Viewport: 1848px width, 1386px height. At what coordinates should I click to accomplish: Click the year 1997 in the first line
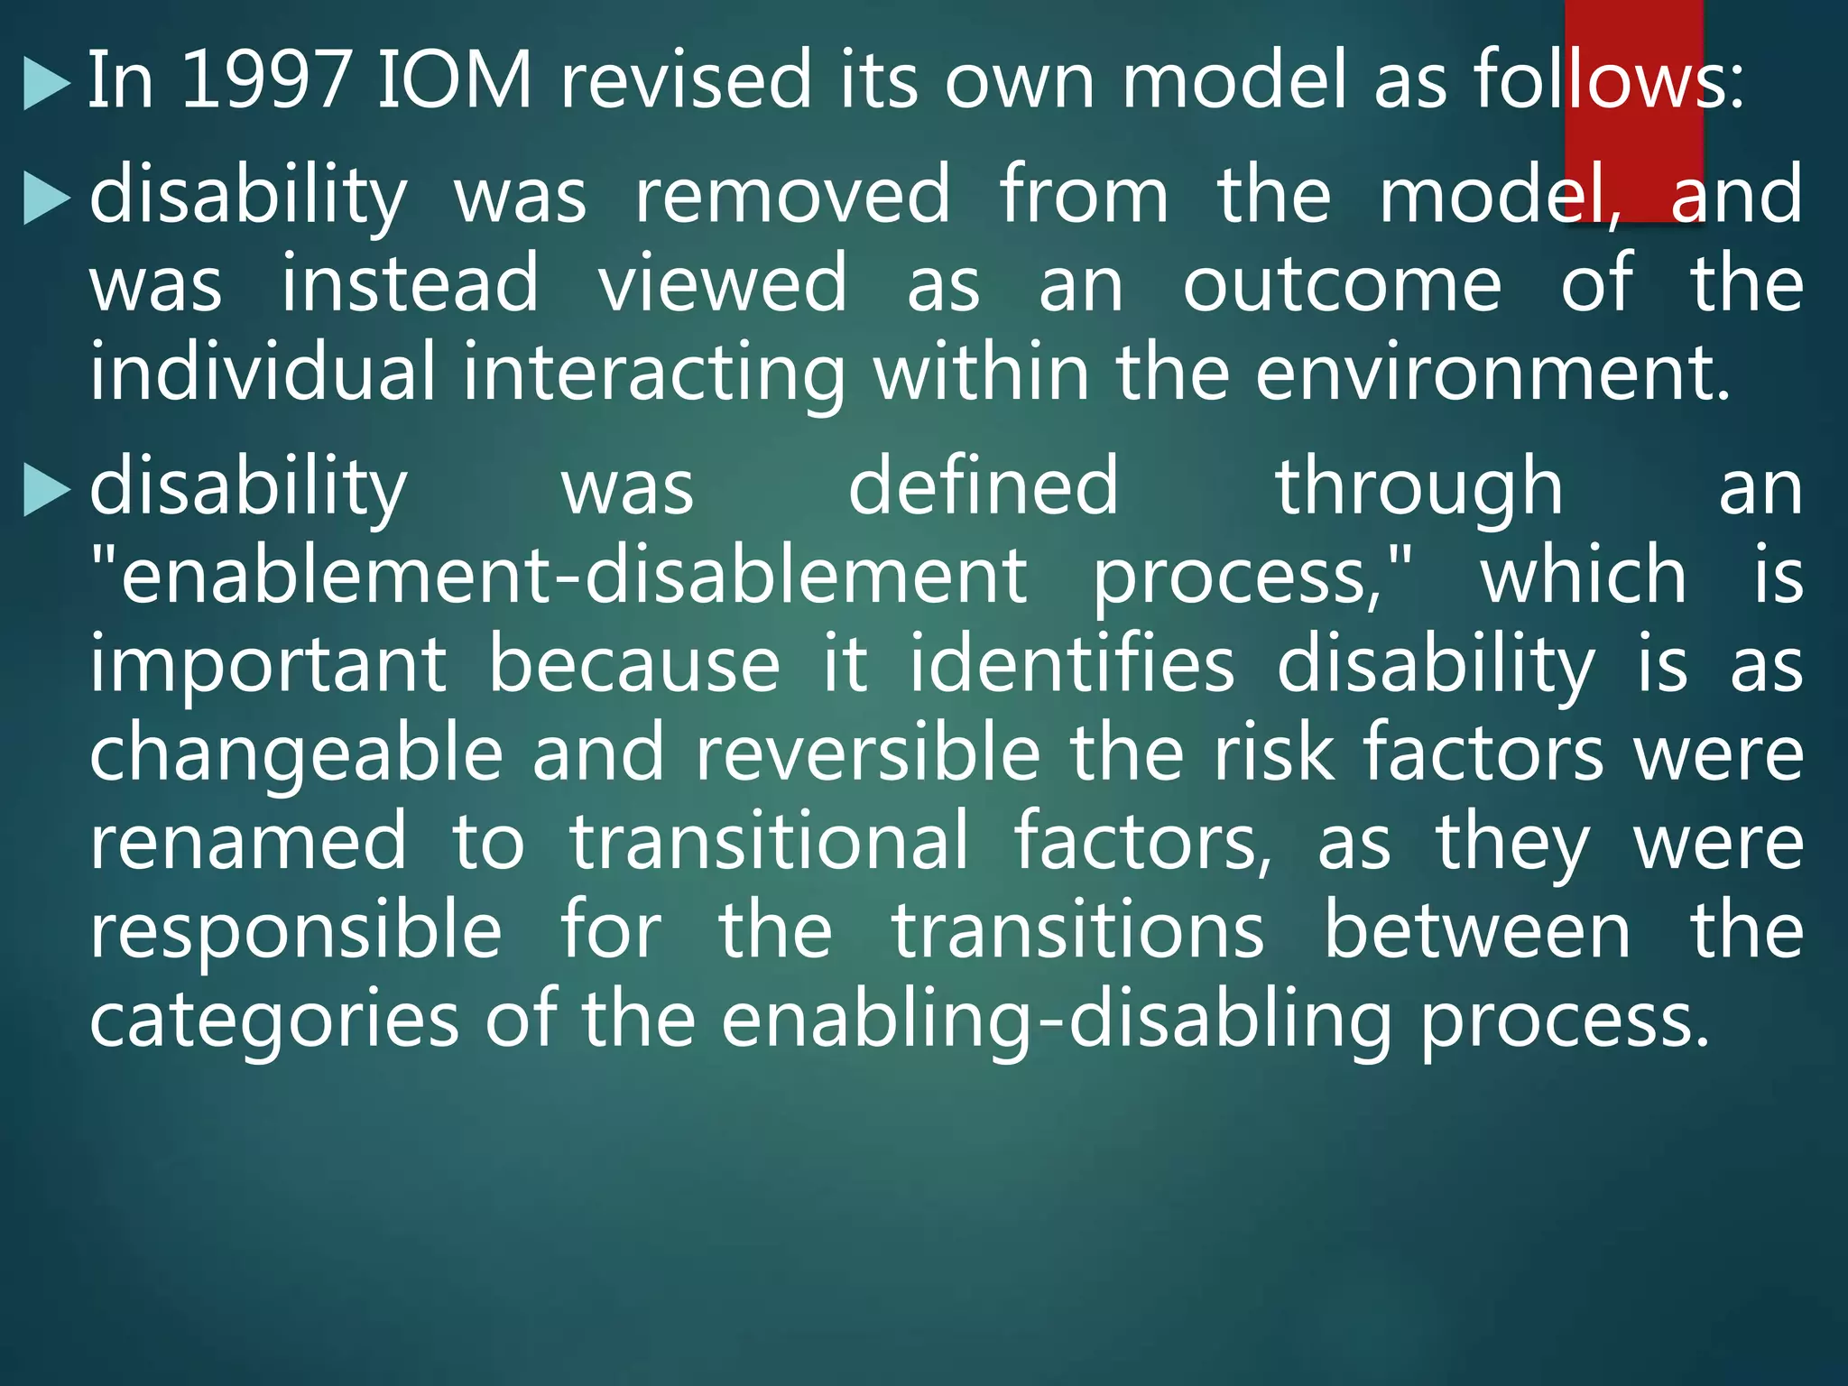pyautogui.click(x=265, y=81)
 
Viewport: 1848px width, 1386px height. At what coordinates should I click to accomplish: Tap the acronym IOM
pyautogui.click(x=454, y=81)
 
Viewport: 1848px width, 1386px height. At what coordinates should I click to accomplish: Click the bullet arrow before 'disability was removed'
pyautogui.click(x=46, y=198)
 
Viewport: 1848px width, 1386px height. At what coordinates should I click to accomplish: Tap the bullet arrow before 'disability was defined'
pyautogui.click(x=46, y=491)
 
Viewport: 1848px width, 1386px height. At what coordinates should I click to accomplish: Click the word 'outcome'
pyautogui.click(x=1342, y=285)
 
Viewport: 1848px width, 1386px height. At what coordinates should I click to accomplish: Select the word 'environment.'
pyautogui.click(x=1492, y=373)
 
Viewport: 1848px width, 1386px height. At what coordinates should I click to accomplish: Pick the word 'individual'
pyautogui.click(x=263, y=373)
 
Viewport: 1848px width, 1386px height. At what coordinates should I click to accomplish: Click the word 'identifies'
pyautogui.click(x=1071, y=665)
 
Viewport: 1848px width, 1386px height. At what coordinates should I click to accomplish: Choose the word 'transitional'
pyautogui.click(x=769, y=842)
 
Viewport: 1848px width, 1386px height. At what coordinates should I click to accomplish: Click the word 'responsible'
pyautogui.click(x=296, y=932)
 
